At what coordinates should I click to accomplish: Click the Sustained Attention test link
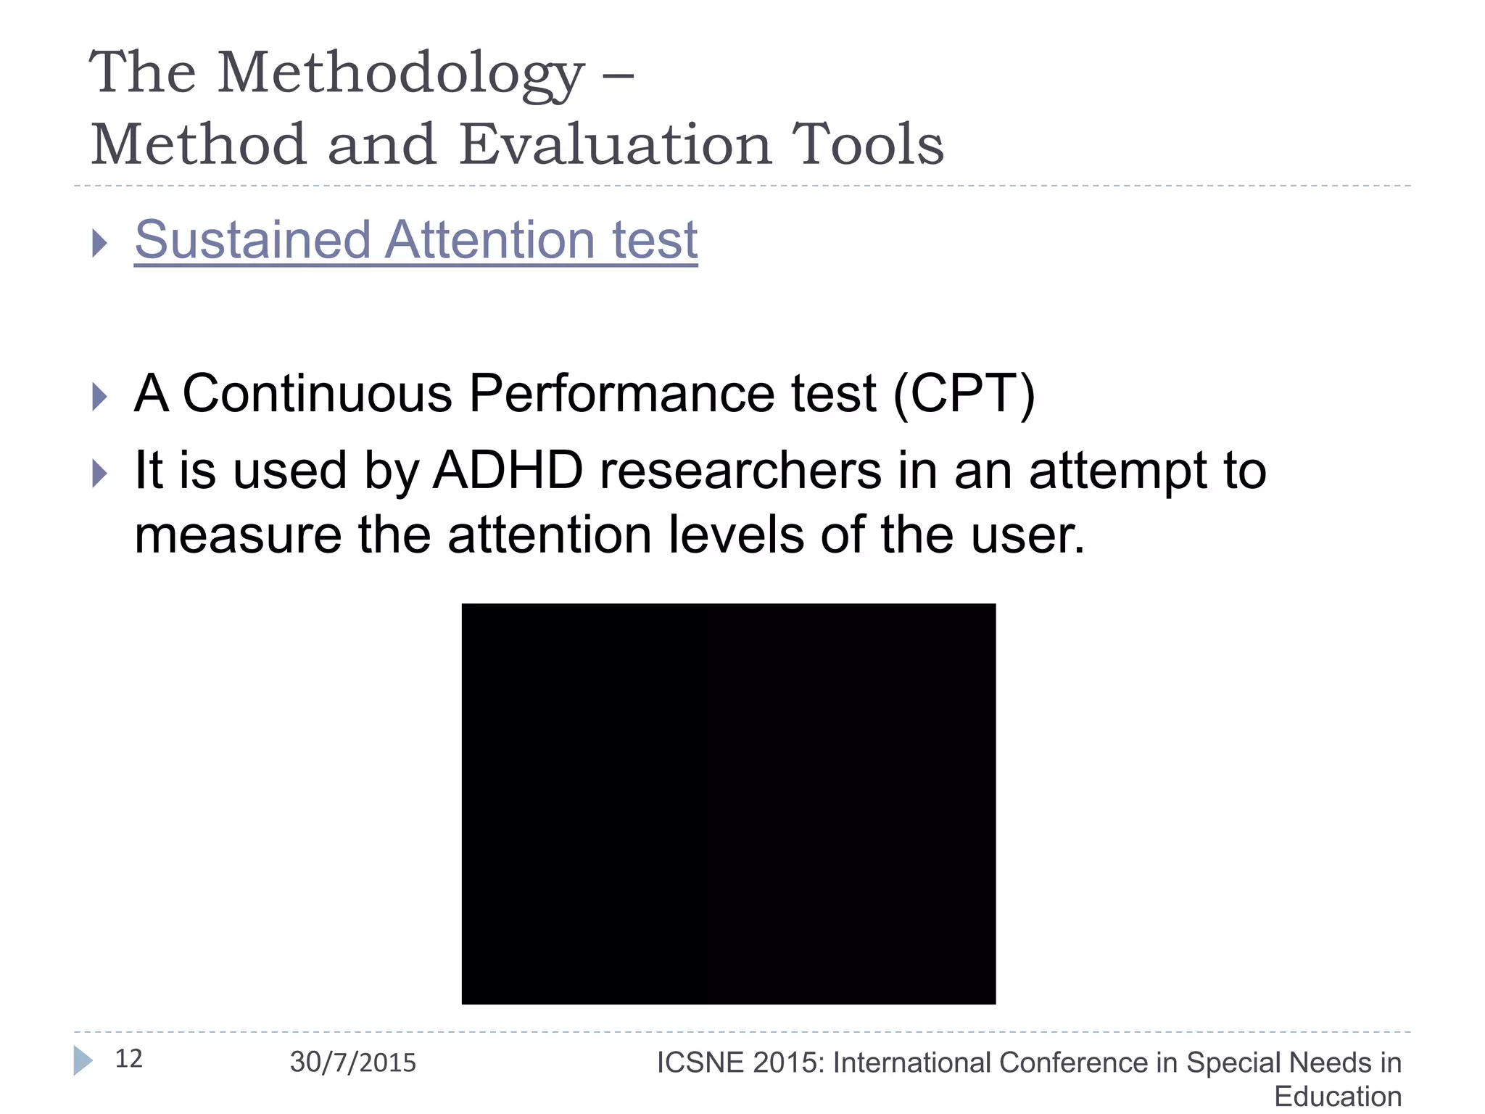(x=415, y=240)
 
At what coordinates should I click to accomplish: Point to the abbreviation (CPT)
(x=964, y=394)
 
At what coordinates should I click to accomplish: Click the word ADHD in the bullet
(x=508, y=471)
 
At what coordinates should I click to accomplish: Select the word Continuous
(x=317, y=394)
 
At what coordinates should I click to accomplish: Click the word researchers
(x=740, y=471)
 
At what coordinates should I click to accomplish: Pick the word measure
(x=238, y=535)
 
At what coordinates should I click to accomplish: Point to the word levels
(x=735, y=535)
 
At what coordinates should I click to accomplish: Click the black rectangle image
(x=728, y=804)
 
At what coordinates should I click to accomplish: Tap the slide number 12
(x=129, y=1059)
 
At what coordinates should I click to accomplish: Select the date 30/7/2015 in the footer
(x=353, y=1063)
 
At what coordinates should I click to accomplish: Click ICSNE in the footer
(x=700, y=1063)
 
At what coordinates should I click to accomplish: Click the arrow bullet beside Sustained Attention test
(x=100, y=243)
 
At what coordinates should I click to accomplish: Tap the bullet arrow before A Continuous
(x=100, y=397)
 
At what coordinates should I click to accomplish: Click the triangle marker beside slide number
(x=83, y=1060)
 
